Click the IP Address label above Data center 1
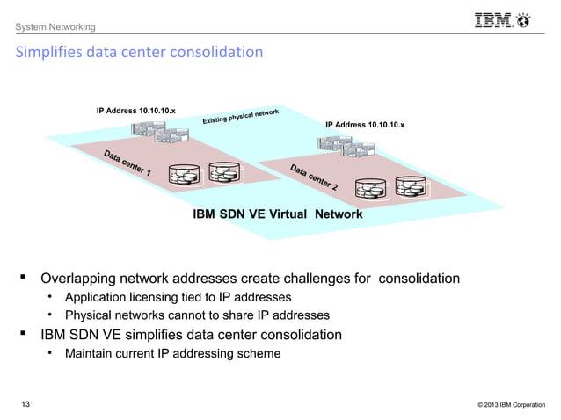tap(135, 111)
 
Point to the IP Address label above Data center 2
tap(365, 126)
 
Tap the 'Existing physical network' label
tap(241, 115)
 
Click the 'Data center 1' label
tap(126, 164)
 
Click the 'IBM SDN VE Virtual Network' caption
tap(277, 214)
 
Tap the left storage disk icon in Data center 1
tap(186, 173)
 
